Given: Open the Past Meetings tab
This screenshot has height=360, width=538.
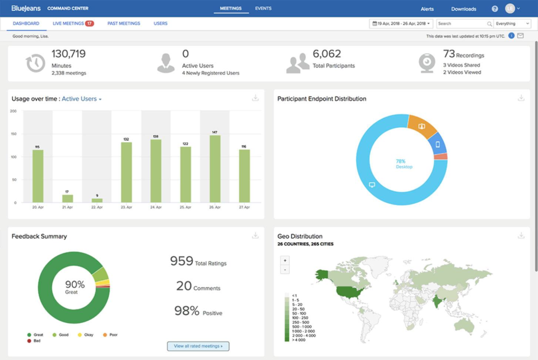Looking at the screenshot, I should point(124,24).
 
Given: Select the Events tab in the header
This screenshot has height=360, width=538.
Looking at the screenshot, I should point(263,8).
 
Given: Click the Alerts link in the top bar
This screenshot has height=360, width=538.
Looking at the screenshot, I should point(428,9).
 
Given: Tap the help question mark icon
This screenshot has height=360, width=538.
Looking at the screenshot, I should point(495,9).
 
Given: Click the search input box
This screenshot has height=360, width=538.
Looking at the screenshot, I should point(462,24).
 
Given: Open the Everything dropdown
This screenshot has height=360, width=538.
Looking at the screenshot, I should point(512,24).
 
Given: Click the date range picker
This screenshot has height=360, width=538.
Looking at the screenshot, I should point(401,24).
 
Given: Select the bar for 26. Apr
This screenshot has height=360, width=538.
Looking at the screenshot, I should point(215,168).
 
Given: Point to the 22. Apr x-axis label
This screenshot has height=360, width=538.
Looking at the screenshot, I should point(97,207).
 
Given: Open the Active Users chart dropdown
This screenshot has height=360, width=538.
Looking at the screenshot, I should point(82,99).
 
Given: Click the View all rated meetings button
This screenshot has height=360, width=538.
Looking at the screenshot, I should point(198,346).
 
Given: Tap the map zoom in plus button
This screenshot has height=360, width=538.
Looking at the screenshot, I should point(285,261).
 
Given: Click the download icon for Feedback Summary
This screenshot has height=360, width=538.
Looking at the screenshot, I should point(255,236).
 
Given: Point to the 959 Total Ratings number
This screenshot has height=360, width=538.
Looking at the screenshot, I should point(182,261).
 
